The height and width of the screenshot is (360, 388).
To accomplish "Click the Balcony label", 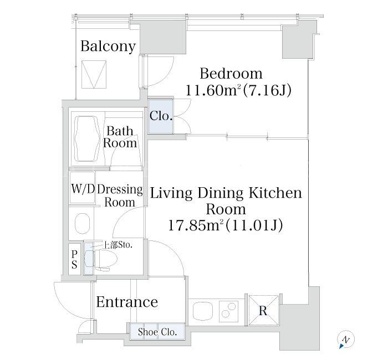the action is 108,47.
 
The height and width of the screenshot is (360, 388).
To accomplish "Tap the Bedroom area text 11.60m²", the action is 213,90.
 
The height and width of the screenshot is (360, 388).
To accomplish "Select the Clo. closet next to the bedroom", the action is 161,116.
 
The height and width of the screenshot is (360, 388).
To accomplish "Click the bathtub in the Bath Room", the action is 87,138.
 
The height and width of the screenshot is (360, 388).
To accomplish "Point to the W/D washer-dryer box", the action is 83,187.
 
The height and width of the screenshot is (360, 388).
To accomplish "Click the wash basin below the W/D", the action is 82,223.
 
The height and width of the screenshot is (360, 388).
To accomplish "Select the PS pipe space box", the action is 74,259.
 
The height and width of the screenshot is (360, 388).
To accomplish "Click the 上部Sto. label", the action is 118,245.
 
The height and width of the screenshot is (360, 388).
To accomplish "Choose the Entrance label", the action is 127,302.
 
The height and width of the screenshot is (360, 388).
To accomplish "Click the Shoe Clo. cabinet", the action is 157,332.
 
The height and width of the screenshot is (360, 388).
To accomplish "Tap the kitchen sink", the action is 203,311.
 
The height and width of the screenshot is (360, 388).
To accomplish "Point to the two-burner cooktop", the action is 228,311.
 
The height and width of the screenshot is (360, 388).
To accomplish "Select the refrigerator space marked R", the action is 263,310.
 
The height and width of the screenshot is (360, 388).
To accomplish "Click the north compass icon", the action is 346,339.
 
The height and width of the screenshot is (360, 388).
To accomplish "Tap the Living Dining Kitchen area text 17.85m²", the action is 196,225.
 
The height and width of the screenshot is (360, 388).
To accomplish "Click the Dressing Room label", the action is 120,196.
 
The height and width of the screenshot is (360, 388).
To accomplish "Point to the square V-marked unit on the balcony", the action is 94,74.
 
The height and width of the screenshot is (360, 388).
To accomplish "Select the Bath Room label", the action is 120,137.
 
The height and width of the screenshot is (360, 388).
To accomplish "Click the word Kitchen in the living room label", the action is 275,193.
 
